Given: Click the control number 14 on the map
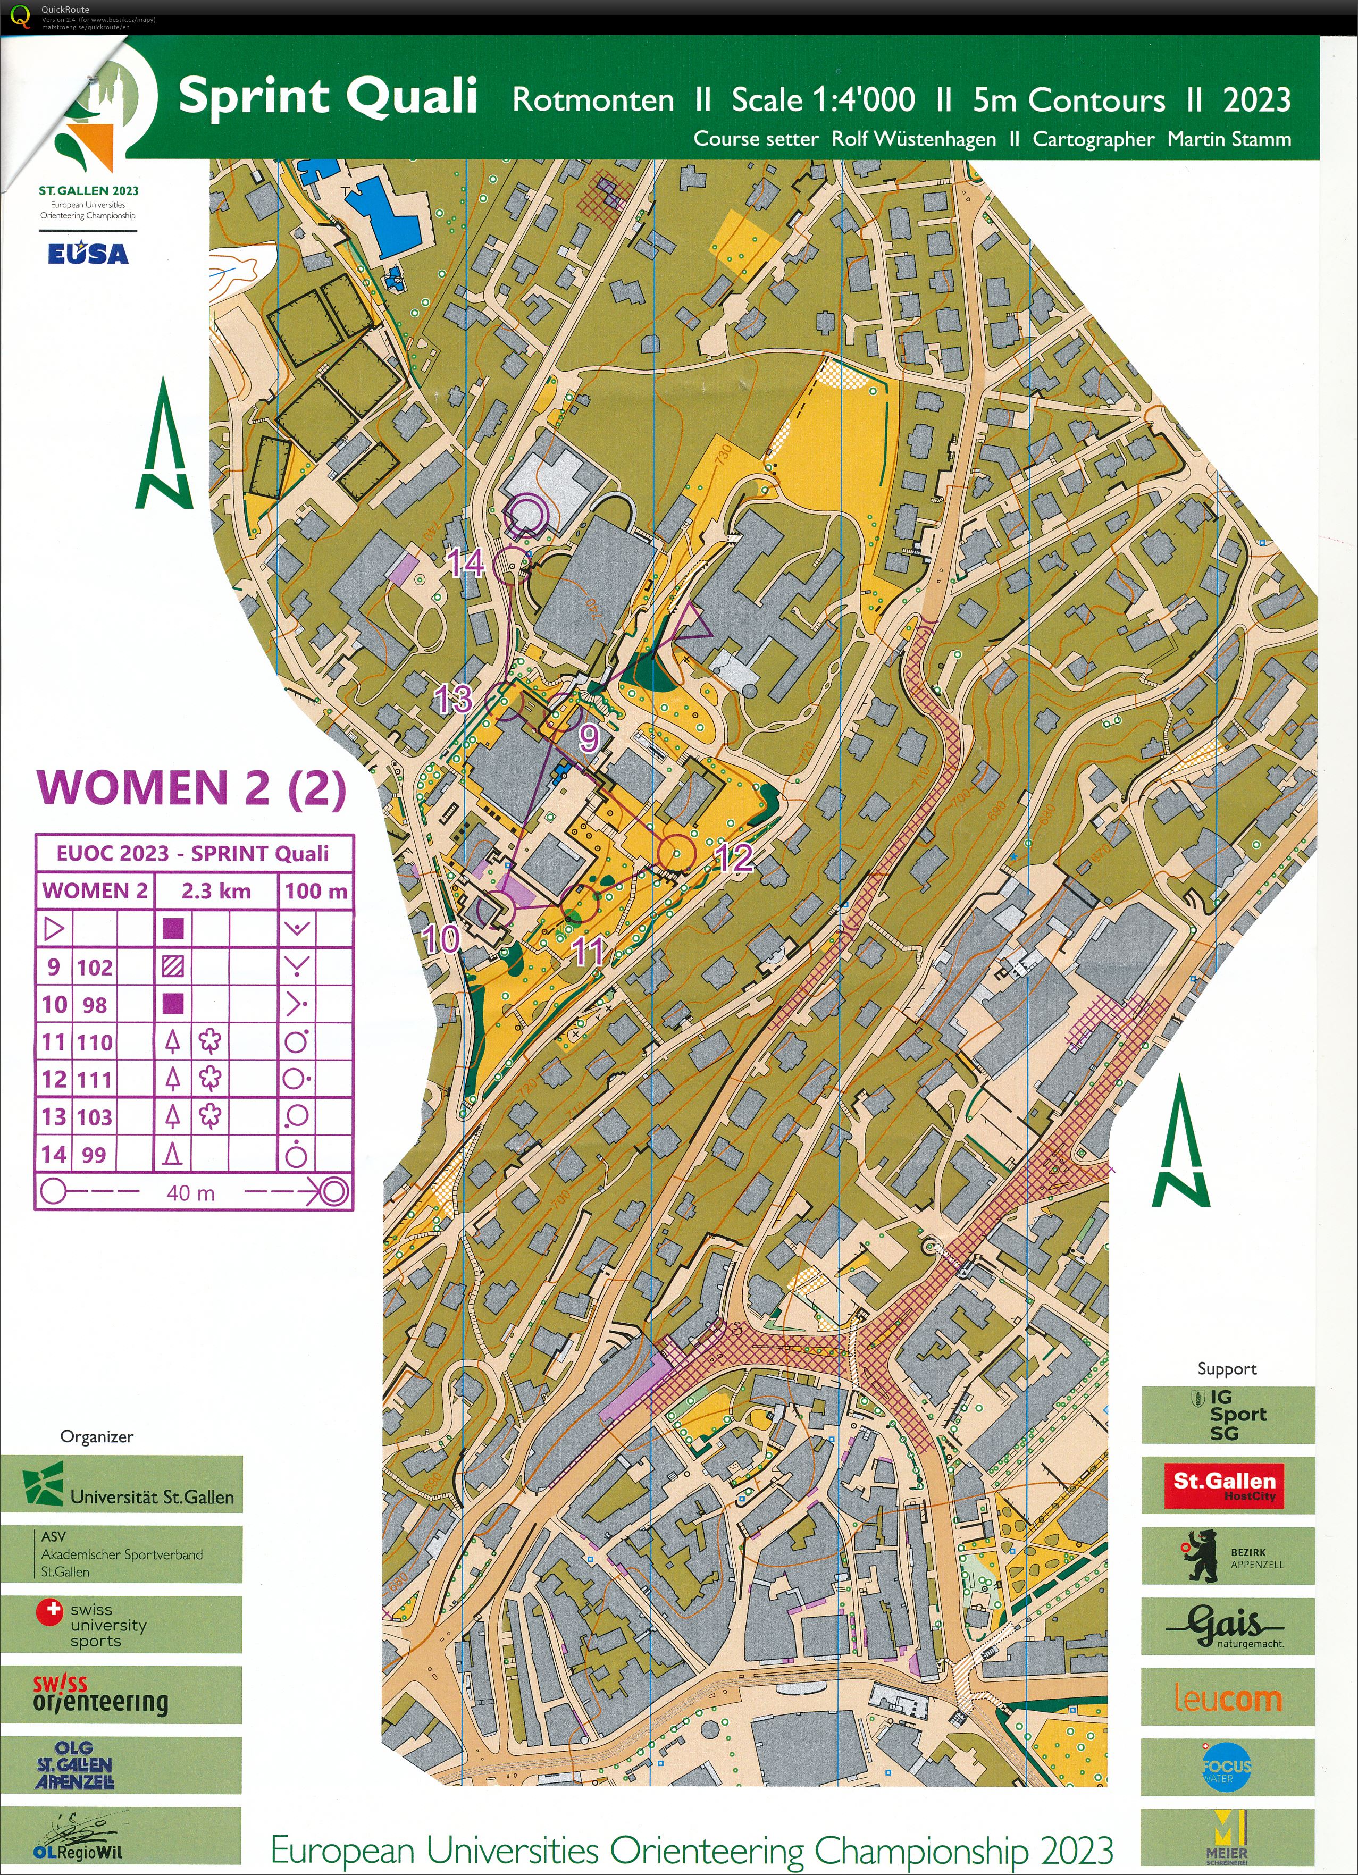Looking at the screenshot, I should click(x=466, y=564).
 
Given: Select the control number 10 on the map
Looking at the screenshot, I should click(x=441, y=938).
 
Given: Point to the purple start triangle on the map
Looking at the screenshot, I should click(x=692, y=621).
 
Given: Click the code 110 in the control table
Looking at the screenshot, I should click(x=94, y=1042).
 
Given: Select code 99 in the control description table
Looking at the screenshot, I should click(x=94, y=1154).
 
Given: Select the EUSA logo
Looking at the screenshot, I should click(x=88, y=254).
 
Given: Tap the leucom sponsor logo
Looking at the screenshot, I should click(x=1227, y=1700).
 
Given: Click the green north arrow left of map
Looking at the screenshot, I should click(x=164, y=445).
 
